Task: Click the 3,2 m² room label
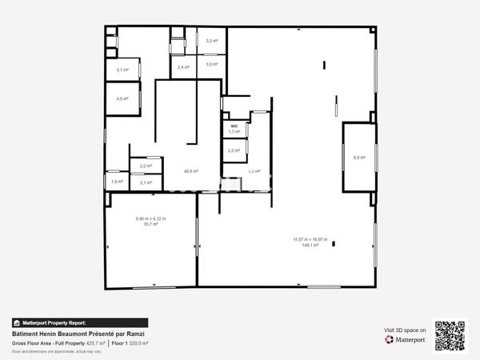(x=212, y=41)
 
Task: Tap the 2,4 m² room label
(x=183, y=67)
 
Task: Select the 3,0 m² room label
(x=212, y=64)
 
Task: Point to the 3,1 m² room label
(x=122, y=70)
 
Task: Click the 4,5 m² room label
(x=122, y=99)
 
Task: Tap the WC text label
(x=234, y=126)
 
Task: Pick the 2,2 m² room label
(x=234, y=150)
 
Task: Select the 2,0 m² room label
(x=146, y=166)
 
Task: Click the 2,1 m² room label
(x=146, y=182)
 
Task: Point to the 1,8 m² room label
(x=117, y=182)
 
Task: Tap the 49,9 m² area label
(x=190, y=171)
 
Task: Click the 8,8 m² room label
(x=359, y=158)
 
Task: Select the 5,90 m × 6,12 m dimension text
(x=150, y=219)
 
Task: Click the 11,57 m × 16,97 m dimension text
(x=310, y=239)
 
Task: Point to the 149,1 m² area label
(x=310, y=246)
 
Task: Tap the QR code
(x=450, y=334)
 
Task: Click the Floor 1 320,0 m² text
(x=130, y=343)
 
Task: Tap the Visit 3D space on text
(x=404, y=330)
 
